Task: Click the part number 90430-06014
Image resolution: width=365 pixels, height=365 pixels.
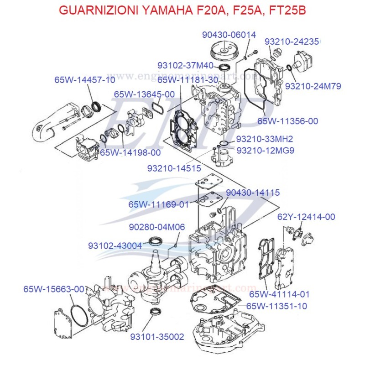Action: pos(229,35)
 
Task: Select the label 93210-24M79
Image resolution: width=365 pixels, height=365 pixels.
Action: pos(313,86)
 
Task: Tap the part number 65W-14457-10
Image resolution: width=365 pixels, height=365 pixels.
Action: pos(84,79)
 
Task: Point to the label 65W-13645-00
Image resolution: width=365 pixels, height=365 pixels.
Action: pos(144,94)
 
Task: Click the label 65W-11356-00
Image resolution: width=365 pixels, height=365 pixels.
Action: pos(287,121)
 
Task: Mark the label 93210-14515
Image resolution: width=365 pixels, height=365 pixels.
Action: pos(174,168)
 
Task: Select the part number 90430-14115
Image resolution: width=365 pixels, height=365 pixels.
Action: pos(253,193)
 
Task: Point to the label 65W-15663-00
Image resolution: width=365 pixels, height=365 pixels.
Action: pos(53,289)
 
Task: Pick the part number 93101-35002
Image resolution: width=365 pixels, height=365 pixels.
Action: pos(157,337)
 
